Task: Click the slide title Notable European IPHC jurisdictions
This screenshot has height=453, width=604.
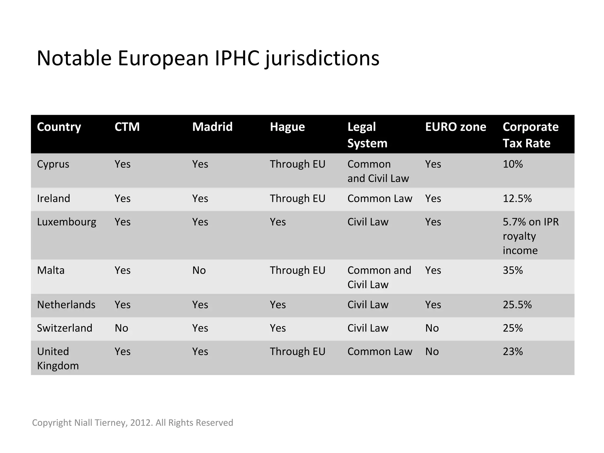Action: pyautogui.click(x=208, y=58)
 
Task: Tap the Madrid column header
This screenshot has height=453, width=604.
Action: pyautogui.click(x=212, y=127)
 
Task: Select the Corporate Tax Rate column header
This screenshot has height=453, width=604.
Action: pyautogui.click(x=530, y=135)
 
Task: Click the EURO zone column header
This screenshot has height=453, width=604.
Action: pyautogui.click(x=455, y=127)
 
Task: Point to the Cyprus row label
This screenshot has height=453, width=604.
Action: pyautogui.click(x=53, y=164)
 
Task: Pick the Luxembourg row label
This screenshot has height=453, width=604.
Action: pyautogui.click(x=67, y=222)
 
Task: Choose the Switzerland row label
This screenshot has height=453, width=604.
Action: pyautogui.click(x=65, y=328)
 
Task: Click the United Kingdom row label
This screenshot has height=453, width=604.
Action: pyautogui.click(x=58, y=358)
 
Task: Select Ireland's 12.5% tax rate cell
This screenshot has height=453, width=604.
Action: pyautogui.click(x=517, y=198)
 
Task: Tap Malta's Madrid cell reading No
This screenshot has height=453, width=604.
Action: pyautogui.click(x=199, y=270)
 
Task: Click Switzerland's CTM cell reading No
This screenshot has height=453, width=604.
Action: pyautogui.click(x=122, y=328)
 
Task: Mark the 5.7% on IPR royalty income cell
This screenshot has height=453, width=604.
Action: pyautogui.click(x=530, y=236)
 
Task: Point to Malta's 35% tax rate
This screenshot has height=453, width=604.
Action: pyautogui.click(x=513, y=270)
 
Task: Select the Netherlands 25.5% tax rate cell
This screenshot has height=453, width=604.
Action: pyautogui.click(x=517, y=305)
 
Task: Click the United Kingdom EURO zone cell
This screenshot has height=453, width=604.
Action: pyautogui.click(x=432, y=352)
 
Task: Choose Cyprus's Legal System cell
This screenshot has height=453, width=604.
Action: pyautogui.click(x=378, y=171)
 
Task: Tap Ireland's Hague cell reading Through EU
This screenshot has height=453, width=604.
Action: pyautogui.click(x=297, y=198)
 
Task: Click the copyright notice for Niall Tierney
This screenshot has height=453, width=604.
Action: pyautogui.click(x=132, y=423)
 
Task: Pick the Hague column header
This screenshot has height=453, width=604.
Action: pyautogui.click(x=287, y=127)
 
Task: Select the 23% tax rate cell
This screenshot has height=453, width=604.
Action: pyautogui.click(x=513, y=352)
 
